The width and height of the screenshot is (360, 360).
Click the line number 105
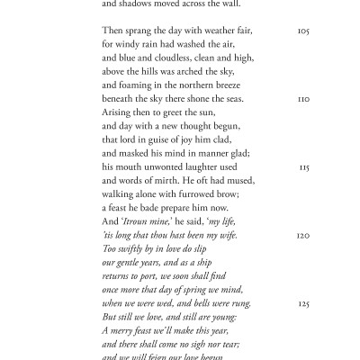(x=302, y=31)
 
